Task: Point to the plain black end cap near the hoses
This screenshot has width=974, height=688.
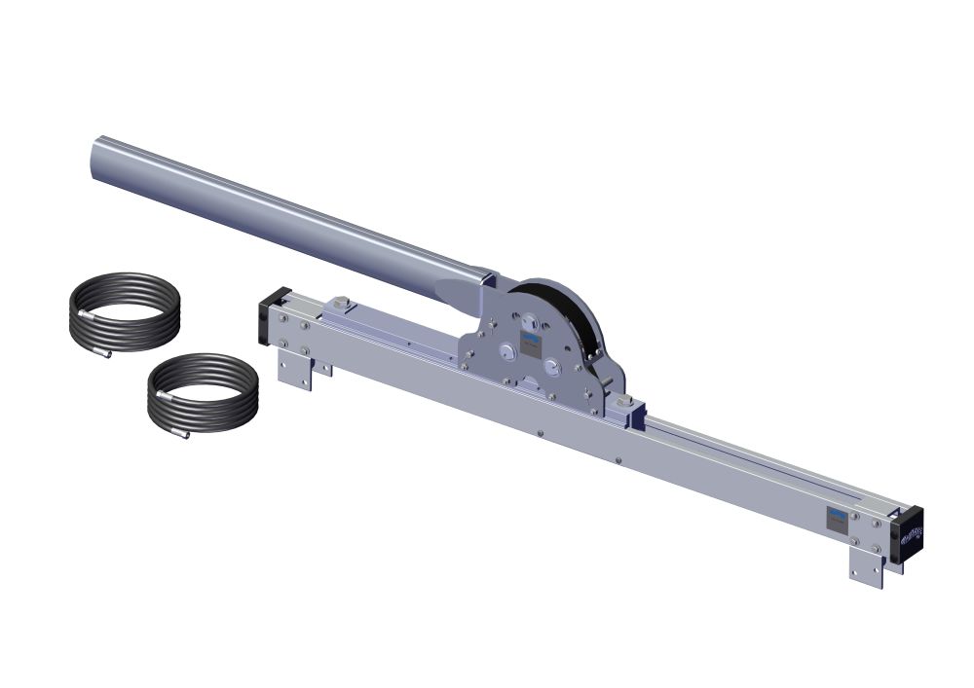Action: [x=264, y=320]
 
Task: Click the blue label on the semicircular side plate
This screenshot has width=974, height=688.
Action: [x=532, y=341]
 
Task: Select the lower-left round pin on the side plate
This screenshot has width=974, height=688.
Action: [x=507, y=354]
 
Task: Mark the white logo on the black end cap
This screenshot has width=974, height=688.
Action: [x=914, y=533]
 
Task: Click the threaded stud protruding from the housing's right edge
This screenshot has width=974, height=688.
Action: [x=607, y=381]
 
